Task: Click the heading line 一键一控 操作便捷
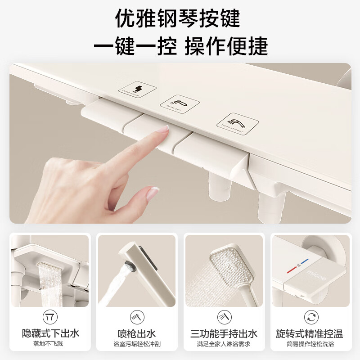[x=180, y=47]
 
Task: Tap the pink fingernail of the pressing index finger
[x=163, y=130]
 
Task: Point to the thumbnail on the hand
[x=152, y=193]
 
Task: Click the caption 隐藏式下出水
[x=50, y=333]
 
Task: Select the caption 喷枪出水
[x=137, y=333]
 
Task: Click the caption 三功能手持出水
[x=224, y=333]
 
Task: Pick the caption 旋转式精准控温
[x=310, y=333]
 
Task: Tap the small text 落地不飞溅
[x=50, y=344]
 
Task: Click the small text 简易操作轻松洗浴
[x=310, y=344]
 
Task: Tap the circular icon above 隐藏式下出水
[x=50, y=317]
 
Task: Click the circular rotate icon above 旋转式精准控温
[x=310, y=317]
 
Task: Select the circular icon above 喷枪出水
[x=137, y=317]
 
